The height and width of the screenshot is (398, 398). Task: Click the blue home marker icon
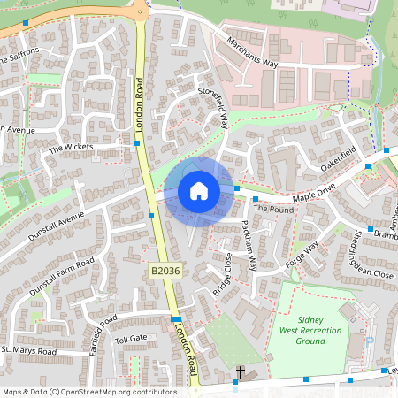click(x=199, y=191)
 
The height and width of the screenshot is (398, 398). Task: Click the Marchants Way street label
click(x=252, y=52)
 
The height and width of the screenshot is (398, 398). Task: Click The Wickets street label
click(x=70, y=149)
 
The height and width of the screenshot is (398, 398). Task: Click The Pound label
click(x=272, y=210)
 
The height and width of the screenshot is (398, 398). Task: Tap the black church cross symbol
click(x=241, y=373)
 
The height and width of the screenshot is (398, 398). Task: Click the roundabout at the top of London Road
click(x=140, y=10)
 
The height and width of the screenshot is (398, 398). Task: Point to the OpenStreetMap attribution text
click(x=88, y=391)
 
